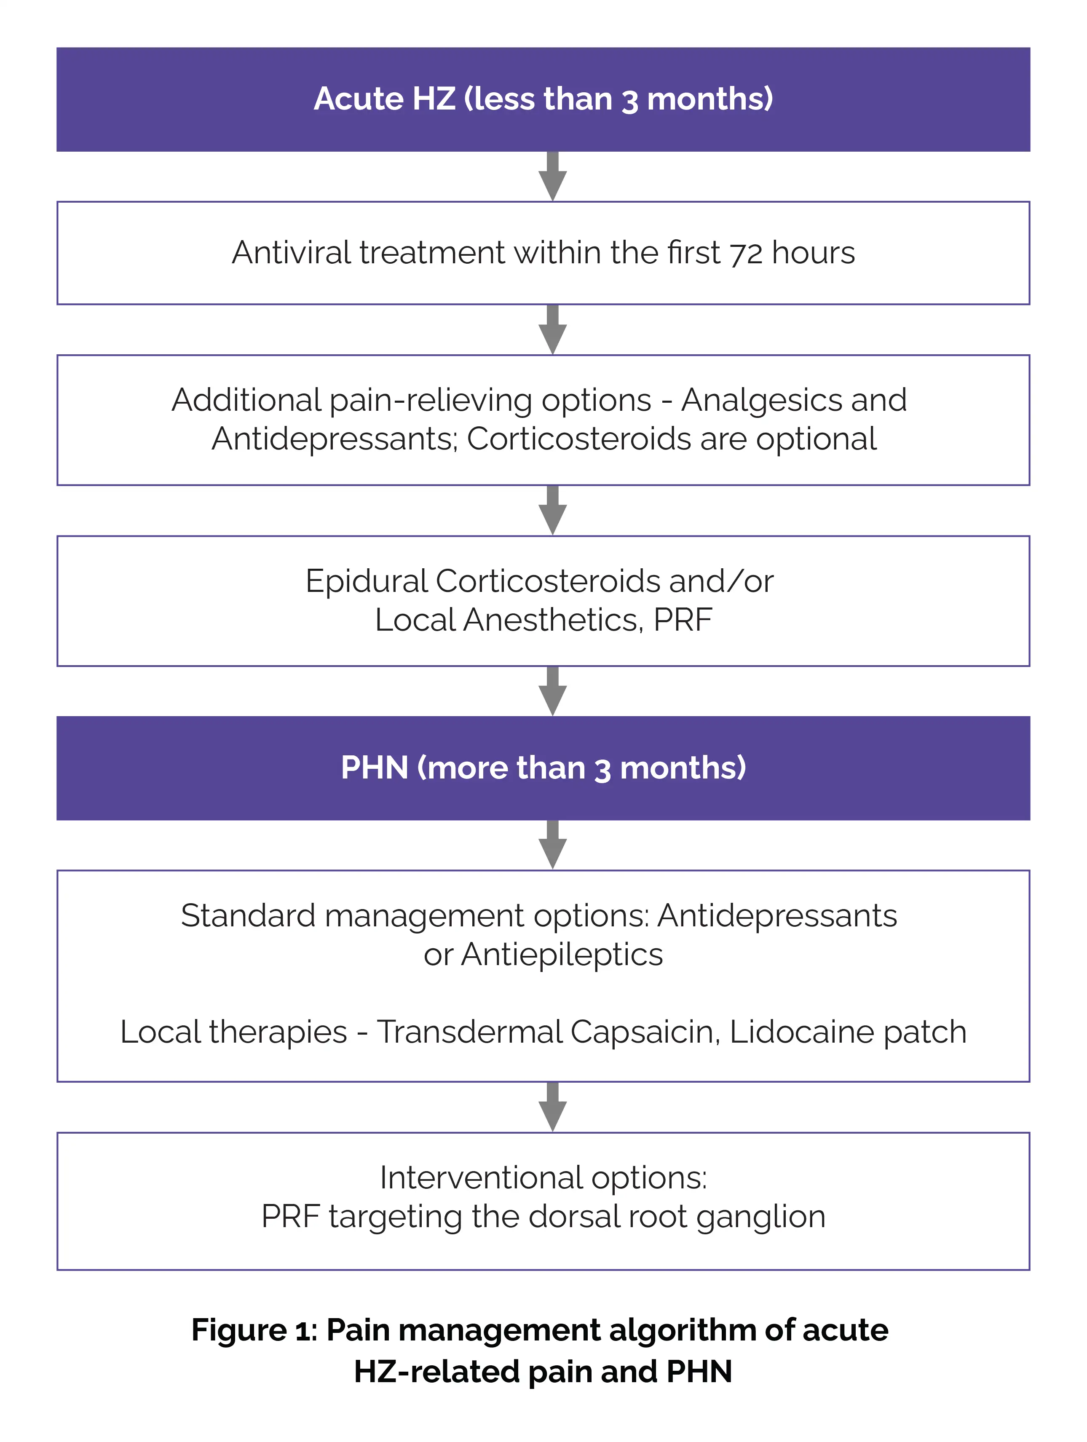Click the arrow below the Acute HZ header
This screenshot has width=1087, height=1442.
point(552,177)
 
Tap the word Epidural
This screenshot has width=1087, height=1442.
point(365,581)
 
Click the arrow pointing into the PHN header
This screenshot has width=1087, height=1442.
point(552,691)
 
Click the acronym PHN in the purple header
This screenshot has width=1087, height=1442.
point(374,768)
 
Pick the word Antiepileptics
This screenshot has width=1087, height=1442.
point(562,955)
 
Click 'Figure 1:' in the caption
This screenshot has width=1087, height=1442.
point(254,1330)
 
